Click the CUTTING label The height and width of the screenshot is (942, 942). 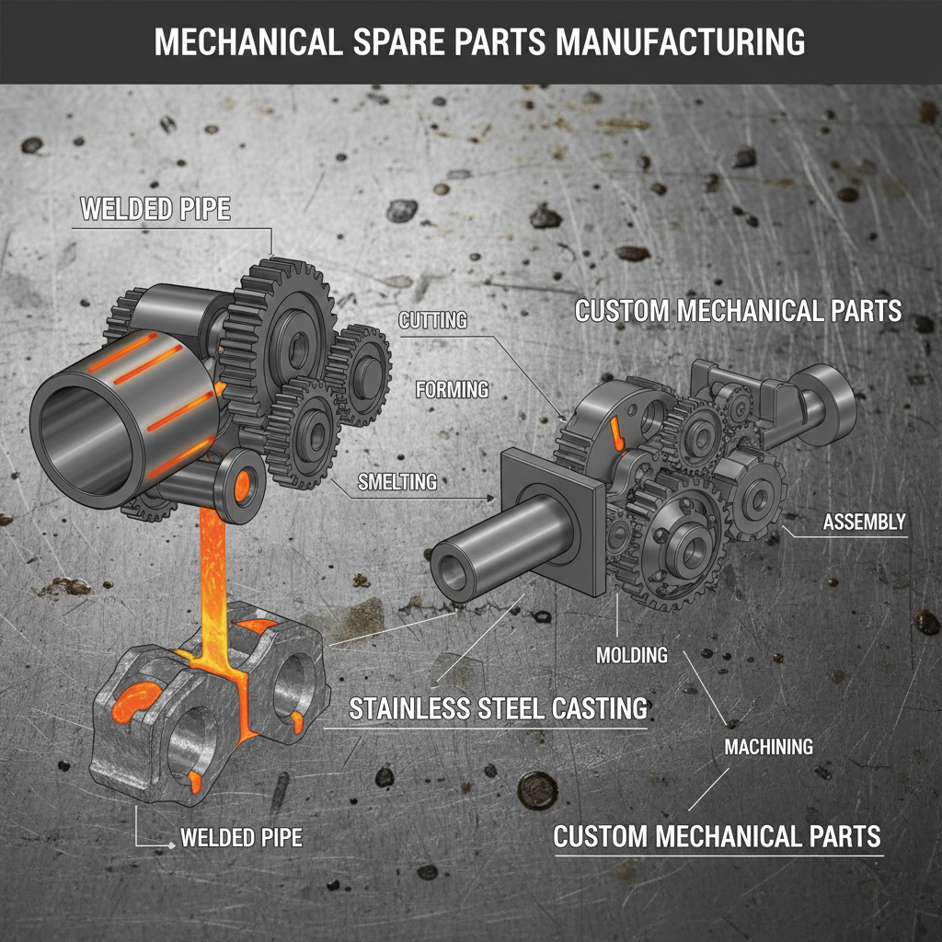point(432,321)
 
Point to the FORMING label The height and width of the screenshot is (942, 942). point(452,389)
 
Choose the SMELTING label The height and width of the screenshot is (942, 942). point(396,481)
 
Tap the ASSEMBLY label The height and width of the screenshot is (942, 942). point(864,523)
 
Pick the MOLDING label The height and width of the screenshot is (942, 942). point(631,656)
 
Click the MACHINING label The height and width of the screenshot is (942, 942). point(768,747)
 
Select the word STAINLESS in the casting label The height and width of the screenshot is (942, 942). point(421,708)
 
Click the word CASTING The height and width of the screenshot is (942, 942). point(593,708)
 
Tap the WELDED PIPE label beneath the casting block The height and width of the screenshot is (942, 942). point(241,838)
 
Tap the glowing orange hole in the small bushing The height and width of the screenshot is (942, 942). point(246,482)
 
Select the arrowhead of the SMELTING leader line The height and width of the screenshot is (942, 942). point(492,499)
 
